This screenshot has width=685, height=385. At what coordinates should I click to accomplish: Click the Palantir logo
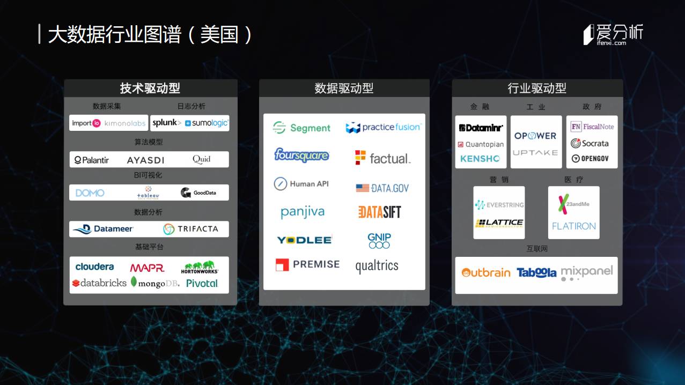(x=92, y=160)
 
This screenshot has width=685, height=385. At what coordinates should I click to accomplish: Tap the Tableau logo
(x=149, y=192)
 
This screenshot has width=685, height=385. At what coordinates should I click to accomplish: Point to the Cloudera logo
(x=94, y=266)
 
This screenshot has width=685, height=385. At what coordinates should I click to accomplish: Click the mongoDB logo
(x=155, y=283)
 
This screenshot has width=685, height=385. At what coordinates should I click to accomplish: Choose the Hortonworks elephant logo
(x=200, y=267)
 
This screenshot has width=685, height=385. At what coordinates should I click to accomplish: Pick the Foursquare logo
(x=301, y=155)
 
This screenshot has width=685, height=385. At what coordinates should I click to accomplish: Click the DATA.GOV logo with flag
(x=382, y=188)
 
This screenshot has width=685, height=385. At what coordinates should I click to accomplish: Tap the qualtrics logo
(x=377, y=266)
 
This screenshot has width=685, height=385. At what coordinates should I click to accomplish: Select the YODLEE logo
(x=304, y=240)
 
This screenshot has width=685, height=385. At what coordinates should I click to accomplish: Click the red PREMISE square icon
(x=282, y=264)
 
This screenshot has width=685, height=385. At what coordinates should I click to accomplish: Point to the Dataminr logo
(x=481, y=128)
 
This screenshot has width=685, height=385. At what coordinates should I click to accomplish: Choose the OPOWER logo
(x=535, y=136)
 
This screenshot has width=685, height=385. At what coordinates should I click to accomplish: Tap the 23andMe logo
(x=573, y=204)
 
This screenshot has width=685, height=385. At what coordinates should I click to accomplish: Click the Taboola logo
(x=536, y=272)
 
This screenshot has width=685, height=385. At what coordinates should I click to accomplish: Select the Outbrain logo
(x=486, y=272)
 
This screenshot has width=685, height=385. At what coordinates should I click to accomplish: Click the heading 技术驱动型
(x=150, y=88)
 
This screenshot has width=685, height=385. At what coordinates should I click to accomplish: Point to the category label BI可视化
(x=148, y=175)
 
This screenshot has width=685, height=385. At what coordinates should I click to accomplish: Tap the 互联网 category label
(x=537, y=249)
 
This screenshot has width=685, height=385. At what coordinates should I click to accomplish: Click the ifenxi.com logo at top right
(x=613, y=35)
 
